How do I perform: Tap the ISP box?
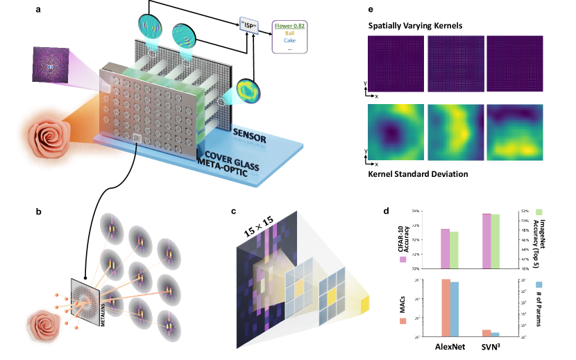click(250, 26)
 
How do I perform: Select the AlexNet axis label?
click(455, 347)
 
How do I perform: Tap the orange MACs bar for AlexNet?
click(446, 308)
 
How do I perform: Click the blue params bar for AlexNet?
click(455, 309)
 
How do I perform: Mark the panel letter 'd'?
click(392, 209)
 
